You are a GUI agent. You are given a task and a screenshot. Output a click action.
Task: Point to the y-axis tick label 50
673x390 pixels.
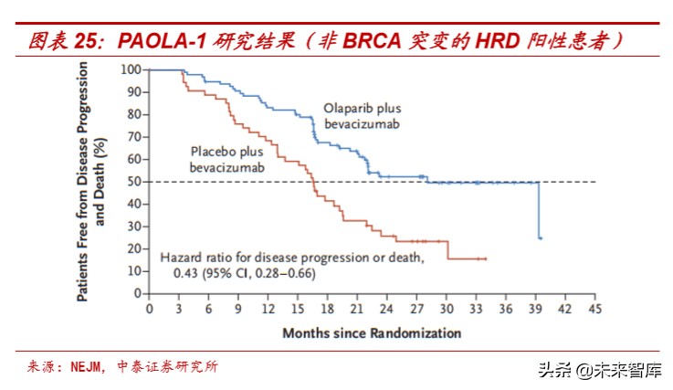[x=133, y=182]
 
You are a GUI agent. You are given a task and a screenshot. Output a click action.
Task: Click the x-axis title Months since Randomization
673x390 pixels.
[x=372, y=333]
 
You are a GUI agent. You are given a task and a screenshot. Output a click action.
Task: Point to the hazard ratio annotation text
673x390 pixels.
[x=292, y=265]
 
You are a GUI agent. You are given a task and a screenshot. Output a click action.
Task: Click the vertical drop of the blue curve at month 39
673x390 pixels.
[x=539, y=210]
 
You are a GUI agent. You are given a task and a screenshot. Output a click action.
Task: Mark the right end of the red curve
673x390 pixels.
[x=486, y=258]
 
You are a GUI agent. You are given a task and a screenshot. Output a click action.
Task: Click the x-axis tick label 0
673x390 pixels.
[x=150, y=310]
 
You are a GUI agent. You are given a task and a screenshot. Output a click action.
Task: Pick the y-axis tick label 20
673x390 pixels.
[x=133, y=249]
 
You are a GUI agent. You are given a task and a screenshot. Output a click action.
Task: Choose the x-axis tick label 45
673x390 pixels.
[x=595, y=310]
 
